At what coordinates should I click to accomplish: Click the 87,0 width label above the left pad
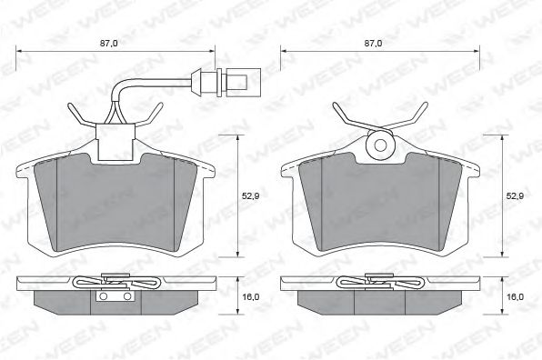coord(109,44)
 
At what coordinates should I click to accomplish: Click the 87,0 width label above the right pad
coord(374,44)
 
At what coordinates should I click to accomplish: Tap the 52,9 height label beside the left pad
coord(251,196)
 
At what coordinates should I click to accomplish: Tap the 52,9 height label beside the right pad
coord(515,196)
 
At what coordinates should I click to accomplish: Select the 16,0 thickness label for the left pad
coord(251,296)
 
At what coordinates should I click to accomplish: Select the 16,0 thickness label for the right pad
coord(515,296)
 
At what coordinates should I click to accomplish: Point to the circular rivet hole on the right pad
coord(380,145)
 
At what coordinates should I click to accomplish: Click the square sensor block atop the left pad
coord(115,143)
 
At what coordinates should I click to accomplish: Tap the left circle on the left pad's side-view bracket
coord(103,296)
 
